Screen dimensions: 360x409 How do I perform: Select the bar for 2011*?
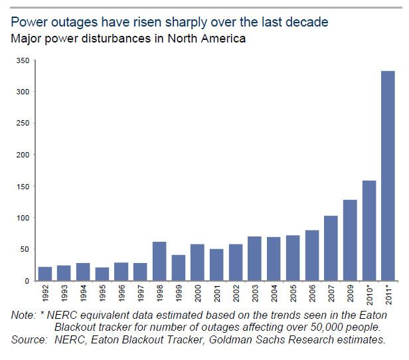389,176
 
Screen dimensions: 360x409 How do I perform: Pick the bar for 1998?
160,262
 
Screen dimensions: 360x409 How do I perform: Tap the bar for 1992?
44,274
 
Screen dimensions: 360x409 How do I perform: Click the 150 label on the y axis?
23,187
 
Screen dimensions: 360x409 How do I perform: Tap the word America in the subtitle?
221,39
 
